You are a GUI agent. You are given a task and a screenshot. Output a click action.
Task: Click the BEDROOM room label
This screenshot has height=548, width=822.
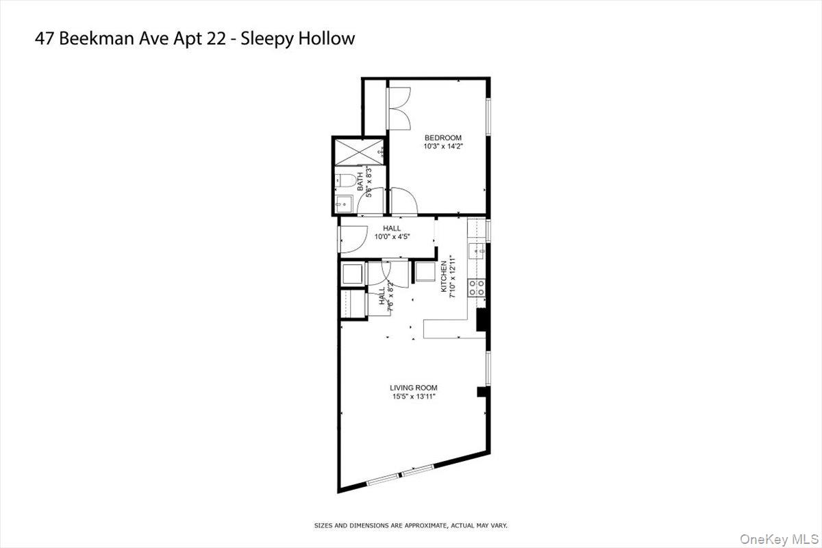[x=442, y=138]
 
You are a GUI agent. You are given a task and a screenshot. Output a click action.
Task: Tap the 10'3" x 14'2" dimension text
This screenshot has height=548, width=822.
[x=442, y=146]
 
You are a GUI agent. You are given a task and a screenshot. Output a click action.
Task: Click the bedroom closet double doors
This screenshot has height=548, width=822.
[x=398, y=108]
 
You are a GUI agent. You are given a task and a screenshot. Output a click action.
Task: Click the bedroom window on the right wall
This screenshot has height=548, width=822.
[x=489, y=116]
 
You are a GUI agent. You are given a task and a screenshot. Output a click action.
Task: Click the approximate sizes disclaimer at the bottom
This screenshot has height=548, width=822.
[x=410, y=525]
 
